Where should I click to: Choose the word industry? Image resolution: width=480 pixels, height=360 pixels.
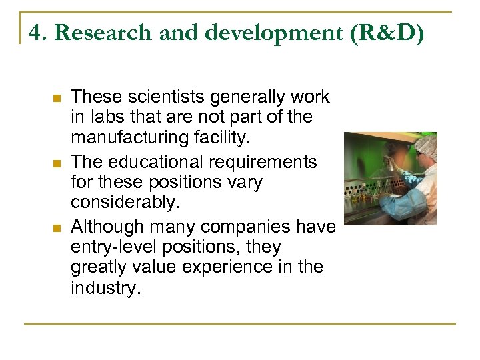coord(105,289)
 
